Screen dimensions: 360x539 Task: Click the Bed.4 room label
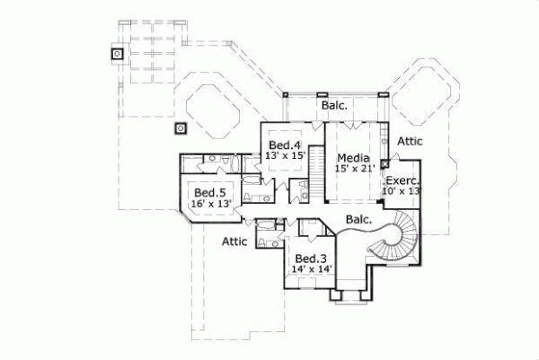pyautogui.click(x=284, y=145)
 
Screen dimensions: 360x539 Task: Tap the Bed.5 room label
pyautogui.click(x=210, y=192)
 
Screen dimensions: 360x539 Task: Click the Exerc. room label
pyautogui.click(x=403, y=179)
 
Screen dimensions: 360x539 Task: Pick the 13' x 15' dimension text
pyautogui.click(x=285, y=156)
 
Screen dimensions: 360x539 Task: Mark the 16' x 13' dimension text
pyautogui.click(x=212, y=204)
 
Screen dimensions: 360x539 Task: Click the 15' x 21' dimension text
pyautogui.click(x=353, y=167)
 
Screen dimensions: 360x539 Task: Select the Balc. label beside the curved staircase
pyautogui.click(x=359, y=219)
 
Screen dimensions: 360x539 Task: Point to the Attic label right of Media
pyautogui.click(x=410, y=141)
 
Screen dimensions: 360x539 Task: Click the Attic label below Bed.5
pyautogui.click(x=235, y=241)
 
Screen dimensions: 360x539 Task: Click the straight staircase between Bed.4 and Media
pyautogui.click(x=315, y=159)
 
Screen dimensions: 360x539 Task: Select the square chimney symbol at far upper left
pyautogui.click(x=117, y=54)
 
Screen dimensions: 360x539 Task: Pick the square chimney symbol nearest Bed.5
pyautogui.click(x=181, y=127)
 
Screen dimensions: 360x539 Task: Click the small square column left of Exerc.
pyautogui.click(x=384, y=164)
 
